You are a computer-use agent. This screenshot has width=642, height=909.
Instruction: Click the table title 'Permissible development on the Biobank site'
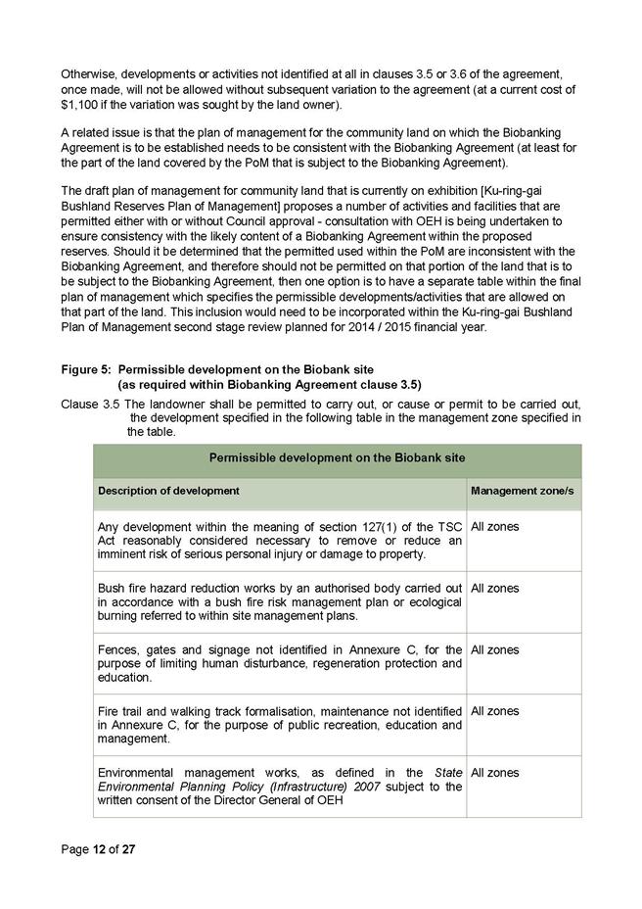pos(337,458)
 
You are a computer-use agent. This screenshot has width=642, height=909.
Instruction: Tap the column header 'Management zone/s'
pos(522,490)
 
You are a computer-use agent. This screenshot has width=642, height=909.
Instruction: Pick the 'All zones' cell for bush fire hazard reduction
pos(495,589)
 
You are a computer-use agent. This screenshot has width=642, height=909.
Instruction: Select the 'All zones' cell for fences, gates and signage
pos(495,650)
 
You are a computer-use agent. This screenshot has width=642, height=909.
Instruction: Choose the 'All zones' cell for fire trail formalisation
pos(495,711)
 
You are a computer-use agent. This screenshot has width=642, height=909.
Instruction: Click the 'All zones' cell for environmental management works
pos(495,773)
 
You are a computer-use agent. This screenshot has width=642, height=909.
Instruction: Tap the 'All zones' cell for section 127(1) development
pos(495,527)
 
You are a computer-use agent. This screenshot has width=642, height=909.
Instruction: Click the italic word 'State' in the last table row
pos(447,773)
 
